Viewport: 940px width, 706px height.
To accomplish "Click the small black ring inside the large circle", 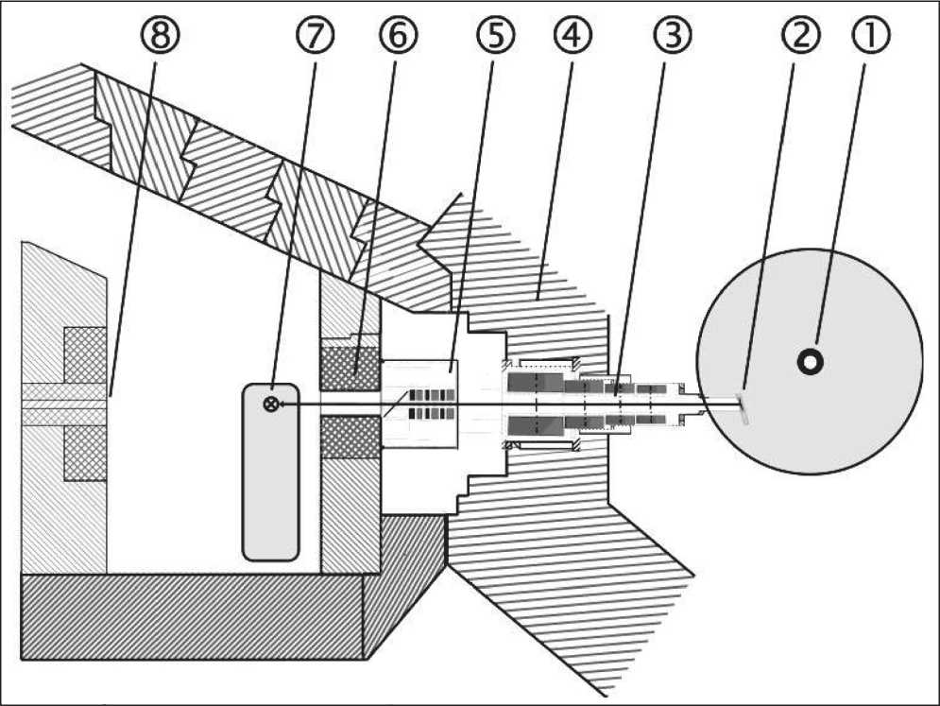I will click(x=810, y=362).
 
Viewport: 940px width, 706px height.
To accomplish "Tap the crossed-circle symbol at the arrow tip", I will click(x=271, y=405).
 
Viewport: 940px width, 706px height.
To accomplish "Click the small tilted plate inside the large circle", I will click(x=743, y=408).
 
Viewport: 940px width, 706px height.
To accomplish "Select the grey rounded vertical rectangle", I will click(x=271, y=473).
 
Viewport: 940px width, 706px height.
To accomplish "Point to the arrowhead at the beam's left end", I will click(x=285, y=405).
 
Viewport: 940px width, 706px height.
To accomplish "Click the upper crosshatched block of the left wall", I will click(x=84, y=354).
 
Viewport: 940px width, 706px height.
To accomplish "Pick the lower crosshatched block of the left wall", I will click(x=84, y=453).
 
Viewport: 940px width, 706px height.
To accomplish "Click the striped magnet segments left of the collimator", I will click(x=433, y=404).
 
